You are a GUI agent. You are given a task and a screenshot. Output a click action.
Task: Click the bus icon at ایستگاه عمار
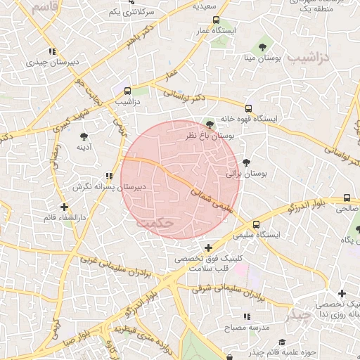216,20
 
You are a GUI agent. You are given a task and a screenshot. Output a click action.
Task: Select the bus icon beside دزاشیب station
127,91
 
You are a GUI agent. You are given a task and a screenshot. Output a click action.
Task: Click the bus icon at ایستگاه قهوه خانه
248,108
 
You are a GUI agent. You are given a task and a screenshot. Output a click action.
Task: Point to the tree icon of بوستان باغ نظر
209,124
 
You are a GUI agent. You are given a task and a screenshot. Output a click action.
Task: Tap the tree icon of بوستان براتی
245,162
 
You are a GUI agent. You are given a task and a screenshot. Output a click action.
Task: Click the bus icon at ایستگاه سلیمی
255,224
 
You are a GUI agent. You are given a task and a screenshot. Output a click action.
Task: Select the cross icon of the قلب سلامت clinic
208,247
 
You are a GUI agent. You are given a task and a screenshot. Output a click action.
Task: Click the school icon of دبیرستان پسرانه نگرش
108,176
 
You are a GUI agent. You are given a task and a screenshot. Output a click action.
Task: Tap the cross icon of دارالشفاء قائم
65,207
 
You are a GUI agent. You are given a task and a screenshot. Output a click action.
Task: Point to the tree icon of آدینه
84,136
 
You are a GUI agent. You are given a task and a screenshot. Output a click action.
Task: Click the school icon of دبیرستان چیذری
52,51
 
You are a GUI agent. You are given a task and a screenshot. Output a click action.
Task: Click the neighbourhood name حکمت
155,221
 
